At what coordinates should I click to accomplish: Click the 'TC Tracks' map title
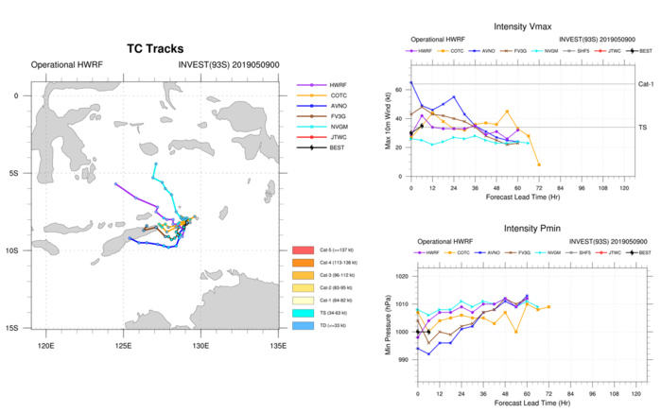point(155,48)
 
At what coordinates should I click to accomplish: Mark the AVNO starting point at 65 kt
point(411,83)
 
